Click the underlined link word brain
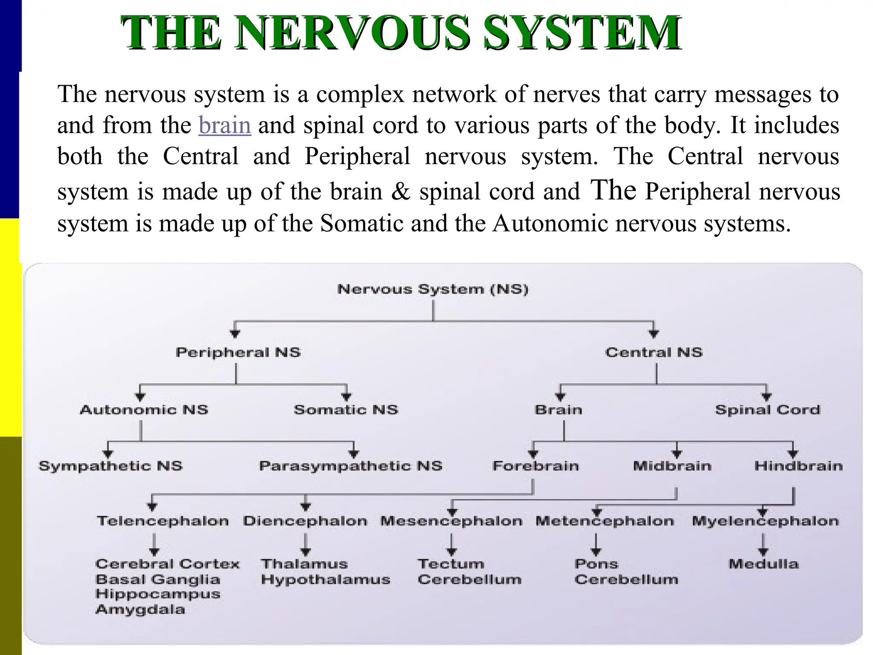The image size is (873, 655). pyautogui.click(x=225, y=125)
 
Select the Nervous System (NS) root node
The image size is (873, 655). pyautogui.click(x=433, y=290)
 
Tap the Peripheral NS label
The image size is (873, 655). pyautogui.click(x=238, y=353)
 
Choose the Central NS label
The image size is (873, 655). pyautogui.click(x=654, y=353)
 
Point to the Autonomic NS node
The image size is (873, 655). pyautogui.click(x=144, y=410)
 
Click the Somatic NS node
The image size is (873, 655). pyautogui.click(x=346, y=410)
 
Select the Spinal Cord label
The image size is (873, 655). pyautogui.click(x=767, y=410)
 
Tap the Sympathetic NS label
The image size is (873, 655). pyautogui.click(x=110, y=466)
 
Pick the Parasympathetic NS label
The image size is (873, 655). pyautogui.click(x=350, y=466)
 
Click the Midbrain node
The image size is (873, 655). pyautogui.click(x=672, y=466)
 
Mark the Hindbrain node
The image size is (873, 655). pyautogui.click(x=798, y=466)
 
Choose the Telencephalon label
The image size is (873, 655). pyautogui.click(x=163, y=521)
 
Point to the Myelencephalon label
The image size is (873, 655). pyautogui.click(x=765, y=521)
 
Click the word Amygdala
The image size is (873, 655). pyautogui.click(x=140, y=609)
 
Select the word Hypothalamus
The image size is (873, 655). pyautogui.click(x=326, y=580)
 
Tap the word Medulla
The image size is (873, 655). pyautogui.click(x=763, y=564)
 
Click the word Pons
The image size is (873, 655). pyautogui.click(x=596, y=564)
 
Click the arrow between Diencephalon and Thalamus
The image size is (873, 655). pyautogui.click(x=305, y=545)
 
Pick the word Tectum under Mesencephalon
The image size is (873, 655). pyautogui.click(x=451, y=564)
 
